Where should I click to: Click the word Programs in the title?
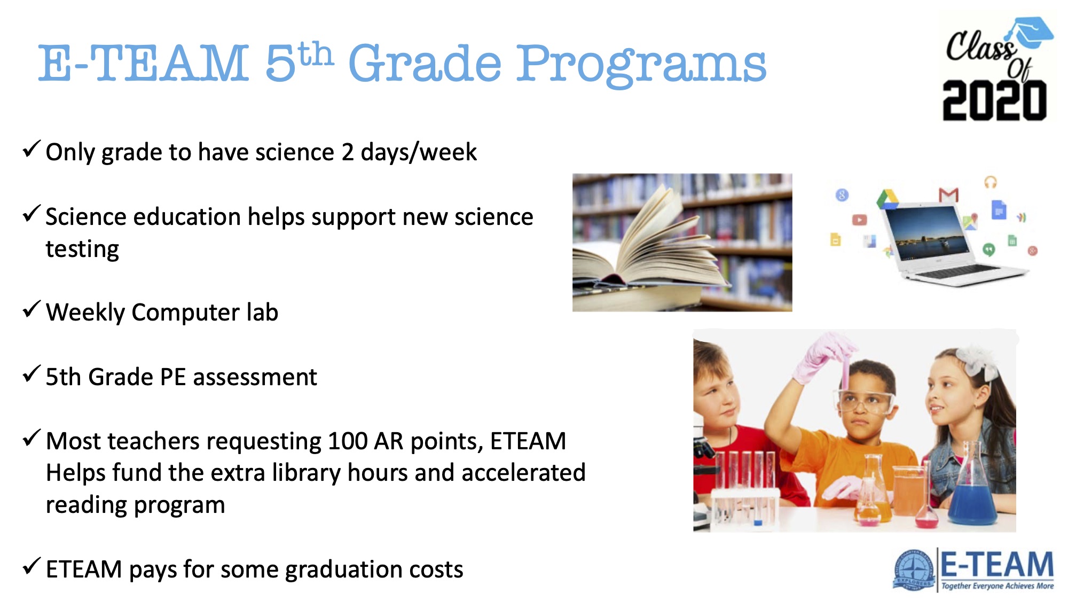click(641, 65)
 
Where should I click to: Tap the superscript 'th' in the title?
click(316, 54)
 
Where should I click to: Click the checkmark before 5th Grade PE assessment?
click(32, 373)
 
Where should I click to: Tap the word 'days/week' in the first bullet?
click(419, 153)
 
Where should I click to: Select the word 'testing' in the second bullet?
click(82, 249)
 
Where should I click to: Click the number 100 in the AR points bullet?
click(348, 441)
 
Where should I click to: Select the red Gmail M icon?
click(949, 195)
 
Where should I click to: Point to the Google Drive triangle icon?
click(888, 199)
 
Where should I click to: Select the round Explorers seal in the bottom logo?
click(914, 570)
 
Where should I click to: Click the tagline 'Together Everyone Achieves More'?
click(998, 586)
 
